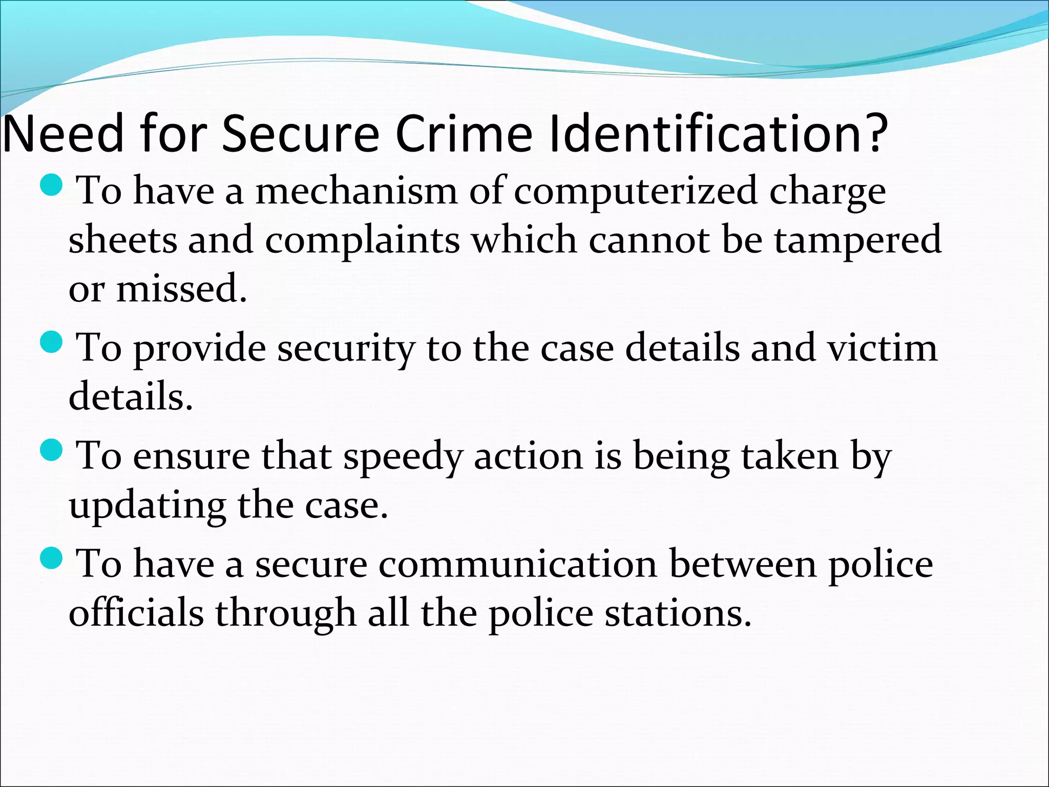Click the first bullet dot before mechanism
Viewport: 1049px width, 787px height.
[x=51, y=186]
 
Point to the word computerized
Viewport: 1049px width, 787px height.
[x=635, y=192]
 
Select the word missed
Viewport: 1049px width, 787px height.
[x=182, y=288]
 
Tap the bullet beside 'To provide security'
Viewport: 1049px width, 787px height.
[x=51, y=343]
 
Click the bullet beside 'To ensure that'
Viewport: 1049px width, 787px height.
[x=51, y=450]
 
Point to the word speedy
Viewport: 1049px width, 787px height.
[x=403, y=457]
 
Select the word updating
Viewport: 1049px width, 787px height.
[x=147, y=506]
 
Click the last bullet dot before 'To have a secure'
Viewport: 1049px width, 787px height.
[x=51, y=558]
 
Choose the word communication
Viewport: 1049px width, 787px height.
[x=518, y=564]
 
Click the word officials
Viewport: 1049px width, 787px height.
[x=136, y=613]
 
